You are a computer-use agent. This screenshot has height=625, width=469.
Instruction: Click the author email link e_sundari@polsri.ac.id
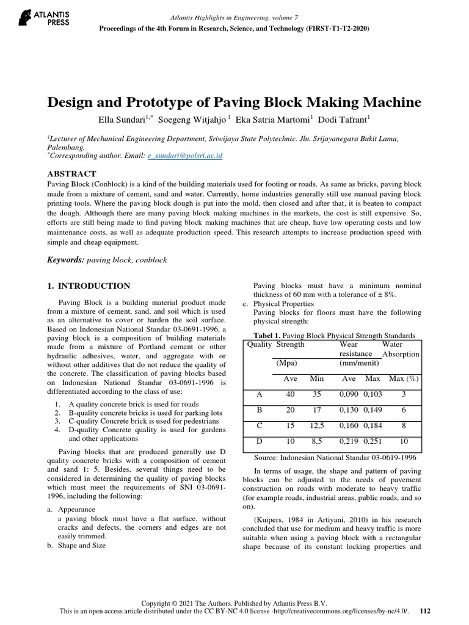[185, 156]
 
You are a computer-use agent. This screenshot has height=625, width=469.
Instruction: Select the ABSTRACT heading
[71, 174]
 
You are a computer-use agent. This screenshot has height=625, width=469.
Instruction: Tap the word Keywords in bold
[65, 259]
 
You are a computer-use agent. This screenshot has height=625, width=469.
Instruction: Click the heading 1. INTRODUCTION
[89, 286]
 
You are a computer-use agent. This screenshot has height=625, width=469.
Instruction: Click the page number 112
[426, 610]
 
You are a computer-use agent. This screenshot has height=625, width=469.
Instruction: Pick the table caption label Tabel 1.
[269, 335]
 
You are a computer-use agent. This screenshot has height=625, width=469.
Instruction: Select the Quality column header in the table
[259, 344]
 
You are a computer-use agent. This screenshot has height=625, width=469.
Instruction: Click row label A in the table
[259, 395]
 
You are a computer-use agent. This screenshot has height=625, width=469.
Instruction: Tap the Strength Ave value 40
[290, 395]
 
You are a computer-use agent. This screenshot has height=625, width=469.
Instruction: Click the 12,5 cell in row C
[316, 425]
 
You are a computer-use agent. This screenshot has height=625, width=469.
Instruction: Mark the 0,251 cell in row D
[373, 441]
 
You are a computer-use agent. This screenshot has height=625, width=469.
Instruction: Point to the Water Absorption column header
[400, 349]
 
